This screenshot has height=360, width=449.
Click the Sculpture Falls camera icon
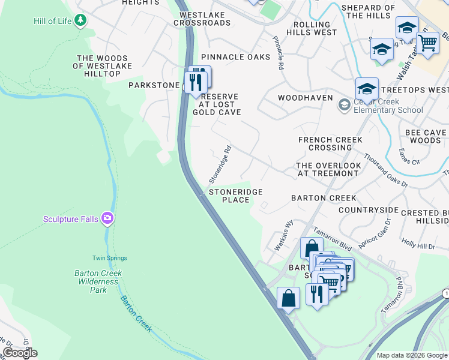point(107,218)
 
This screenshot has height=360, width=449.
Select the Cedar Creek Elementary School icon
point(344,106)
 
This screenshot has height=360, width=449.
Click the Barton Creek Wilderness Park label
point(98,281)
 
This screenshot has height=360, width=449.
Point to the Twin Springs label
point(110,258)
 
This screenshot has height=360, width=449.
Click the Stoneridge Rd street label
point(220,165)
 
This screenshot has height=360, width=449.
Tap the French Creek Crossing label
point(330,143)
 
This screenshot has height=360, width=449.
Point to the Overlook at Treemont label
point(329,169)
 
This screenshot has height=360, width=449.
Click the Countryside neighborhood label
point(368,210)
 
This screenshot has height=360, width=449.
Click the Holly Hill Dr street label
point(418,245)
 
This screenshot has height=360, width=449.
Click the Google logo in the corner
point(20,353)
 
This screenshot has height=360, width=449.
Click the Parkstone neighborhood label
point(154,85)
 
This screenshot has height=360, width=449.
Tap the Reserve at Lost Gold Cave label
point(217,104)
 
